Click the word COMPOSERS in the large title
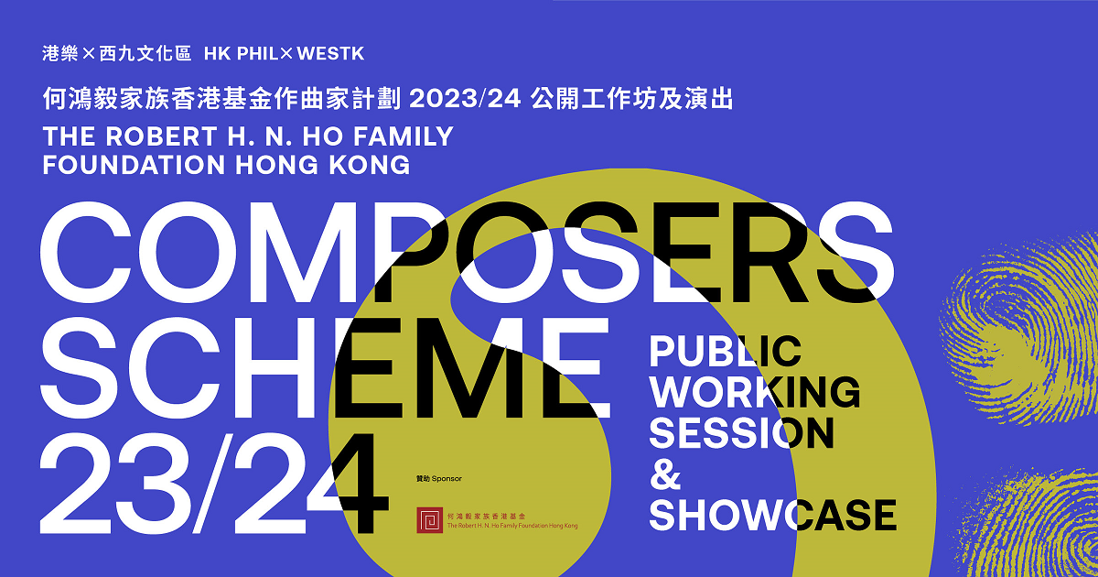pyautogui.click(x=467, y=251)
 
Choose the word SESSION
pyautogui.click(x=741, y=432)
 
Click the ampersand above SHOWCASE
pyautogui.click(x=660, y=474)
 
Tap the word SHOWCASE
pyautogui.click(x=772, y=515)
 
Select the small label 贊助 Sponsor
pyautogui.click(x=438, y=479)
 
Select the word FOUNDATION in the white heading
pyautogui.click(x=134, y=166)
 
